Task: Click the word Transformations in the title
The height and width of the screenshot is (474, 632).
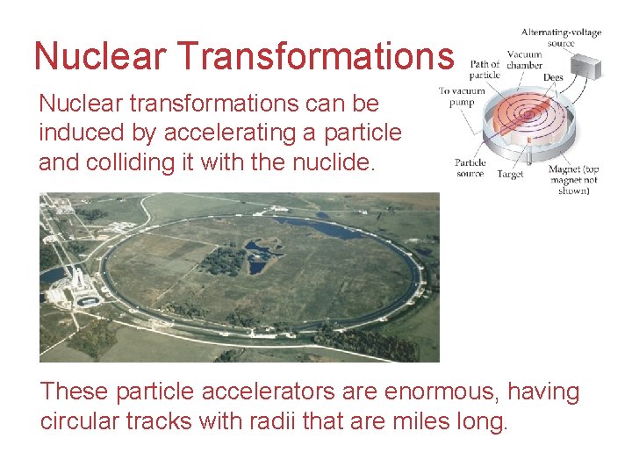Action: [316, 56]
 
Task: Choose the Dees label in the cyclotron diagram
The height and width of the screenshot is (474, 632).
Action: [553, 78]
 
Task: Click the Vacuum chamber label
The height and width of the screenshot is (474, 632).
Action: [524, 60]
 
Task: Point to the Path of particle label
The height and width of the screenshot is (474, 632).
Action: [485, 69]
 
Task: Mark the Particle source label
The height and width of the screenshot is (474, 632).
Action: [470, 168]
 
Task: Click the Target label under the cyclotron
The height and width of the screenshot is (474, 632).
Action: [509, 174]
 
